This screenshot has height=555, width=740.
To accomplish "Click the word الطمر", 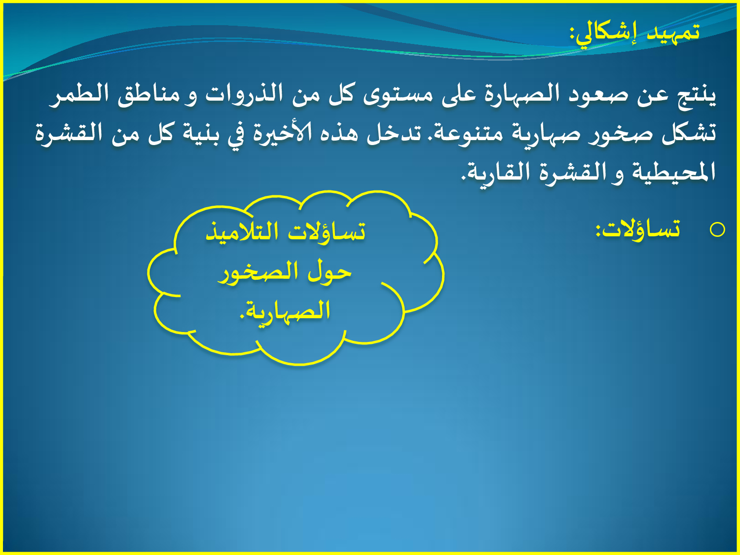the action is pyautogui.click(x=79, y=94).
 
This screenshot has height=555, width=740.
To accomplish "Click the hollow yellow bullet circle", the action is pyautogui.click(x=717, y=230).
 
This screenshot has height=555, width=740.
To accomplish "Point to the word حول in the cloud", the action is pyautogui.click(x=330, y=272).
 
